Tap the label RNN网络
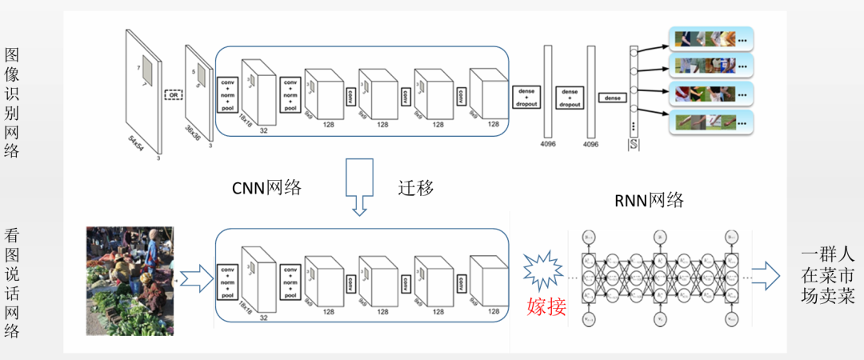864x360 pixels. click(x=649, y=200)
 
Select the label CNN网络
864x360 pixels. click(x=266, y=188)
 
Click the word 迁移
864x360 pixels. click(x=416, y=188)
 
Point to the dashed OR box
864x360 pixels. click(x=172, y=94)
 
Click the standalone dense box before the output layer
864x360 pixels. click(x=614, y=98)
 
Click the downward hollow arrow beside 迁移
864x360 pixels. click(x=359, y=186)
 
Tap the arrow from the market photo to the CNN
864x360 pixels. click(x=195, y=279)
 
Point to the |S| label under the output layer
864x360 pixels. click(x=633, y=145)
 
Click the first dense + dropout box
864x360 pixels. click(x=526, y=98)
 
